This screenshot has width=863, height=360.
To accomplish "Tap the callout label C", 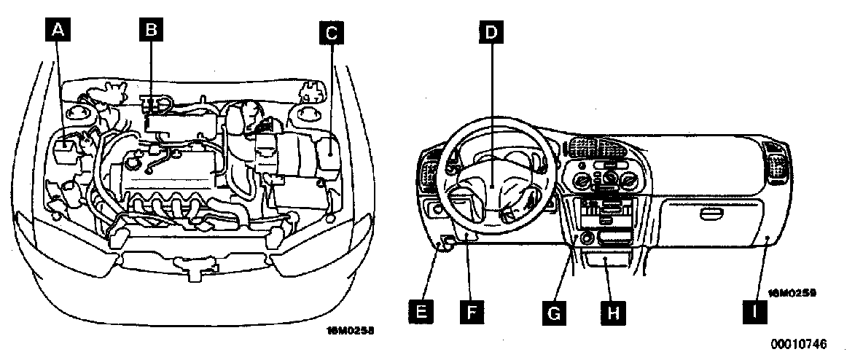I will coord(332,32).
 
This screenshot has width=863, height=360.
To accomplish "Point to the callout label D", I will coord(492,33).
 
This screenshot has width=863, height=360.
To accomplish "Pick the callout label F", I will coord(472,311).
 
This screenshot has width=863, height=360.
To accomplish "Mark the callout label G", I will coord(555,311).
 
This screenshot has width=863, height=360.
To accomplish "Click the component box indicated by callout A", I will coord(66,149).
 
